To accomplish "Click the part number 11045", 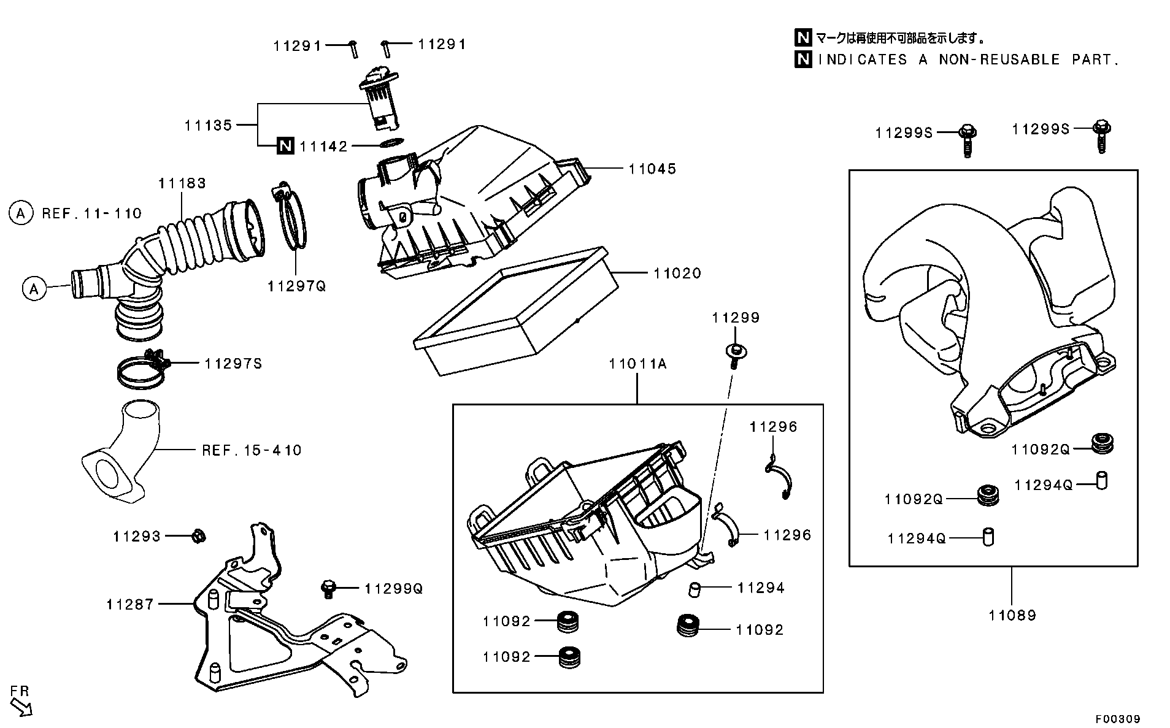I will tap(652, 169).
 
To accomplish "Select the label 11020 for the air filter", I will tap(677, 274).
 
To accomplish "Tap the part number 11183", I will tap(182, 183).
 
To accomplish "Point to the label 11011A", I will tap(637, 364).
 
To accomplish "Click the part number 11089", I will tap(1012, 615).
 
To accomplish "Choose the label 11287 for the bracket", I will tap(129, 605).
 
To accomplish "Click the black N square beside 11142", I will tap(284, 146).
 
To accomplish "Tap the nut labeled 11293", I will tap(198, 536).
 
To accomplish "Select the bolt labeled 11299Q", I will tap(328, 588).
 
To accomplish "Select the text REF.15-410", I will tap(252, 451).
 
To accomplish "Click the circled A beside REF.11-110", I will tap(21, 213).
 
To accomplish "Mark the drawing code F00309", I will tap(1118, 718).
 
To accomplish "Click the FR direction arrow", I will tap(22, 707).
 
